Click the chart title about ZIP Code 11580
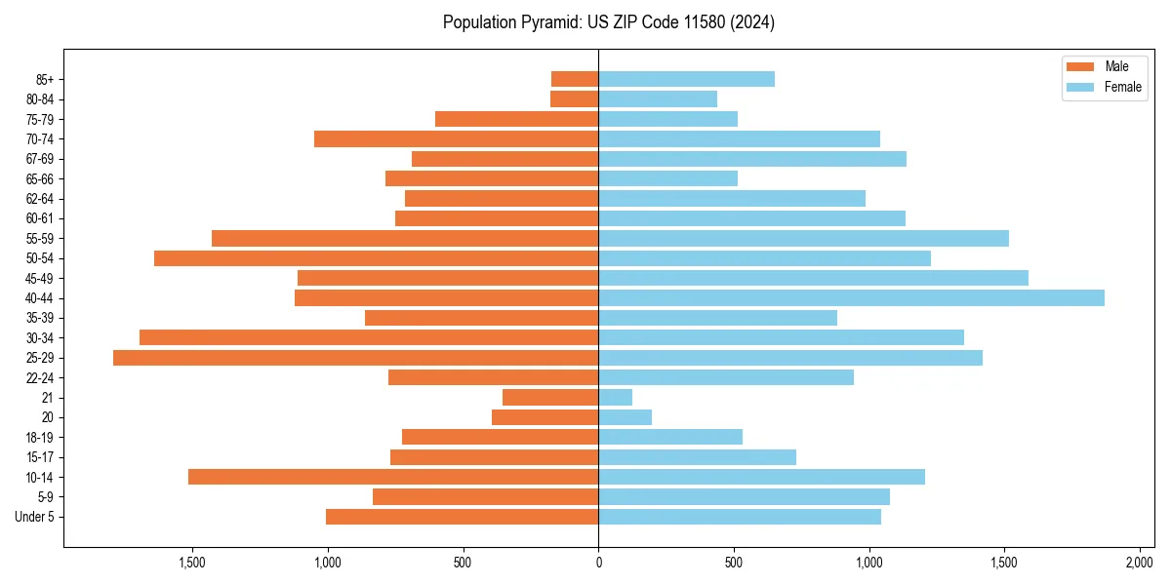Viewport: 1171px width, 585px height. coord(608,22)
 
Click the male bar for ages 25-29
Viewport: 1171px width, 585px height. coord(355,358)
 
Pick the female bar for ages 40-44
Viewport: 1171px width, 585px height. coord(851,298)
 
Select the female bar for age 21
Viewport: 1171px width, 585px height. coord(616,398)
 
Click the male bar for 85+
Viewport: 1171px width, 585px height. coord(575,79)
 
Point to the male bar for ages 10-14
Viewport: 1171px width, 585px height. coord(393,477)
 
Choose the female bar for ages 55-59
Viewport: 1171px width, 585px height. coord(803,238)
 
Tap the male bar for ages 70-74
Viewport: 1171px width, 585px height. coord(456,139)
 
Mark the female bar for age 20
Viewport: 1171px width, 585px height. coord(626,417)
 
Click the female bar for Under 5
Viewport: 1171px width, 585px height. coord(740,517)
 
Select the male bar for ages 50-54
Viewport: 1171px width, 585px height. coord(376,258)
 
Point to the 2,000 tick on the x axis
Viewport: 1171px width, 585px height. coord(1140,563)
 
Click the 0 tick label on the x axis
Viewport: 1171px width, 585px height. coord(598,563)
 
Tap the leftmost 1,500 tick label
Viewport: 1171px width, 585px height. coord(192,563)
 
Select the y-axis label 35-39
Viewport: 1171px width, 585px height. coord(39,318)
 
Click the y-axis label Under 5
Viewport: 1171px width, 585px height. coord(35,517)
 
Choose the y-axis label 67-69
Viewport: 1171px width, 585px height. coord(39,159)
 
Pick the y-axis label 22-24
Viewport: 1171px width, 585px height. coord(39,378)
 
